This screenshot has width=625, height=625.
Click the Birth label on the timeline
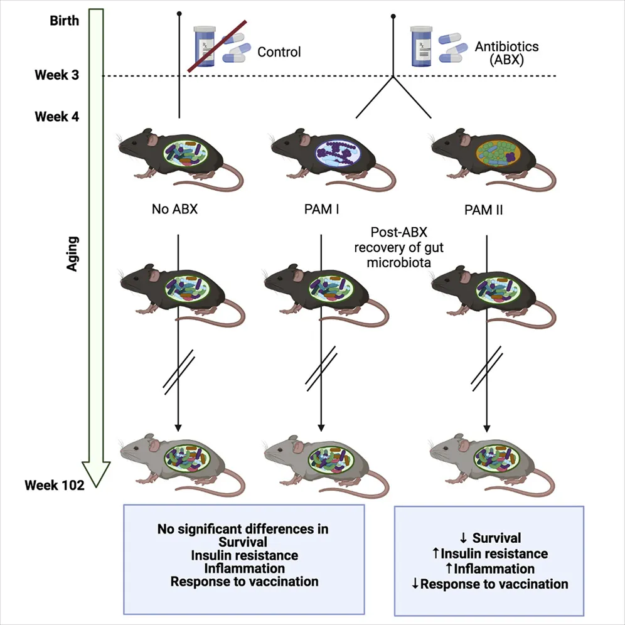(x=65, y=21)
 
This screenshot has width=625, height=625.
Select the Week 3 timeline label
(x=57, y=76)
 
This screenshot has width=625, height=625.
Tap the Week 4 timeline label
(x=57, y=117)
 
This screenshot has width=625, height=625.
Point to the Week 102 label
(x=55, y=484)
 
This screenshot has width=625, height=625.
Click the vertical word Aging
(x=73, y=254)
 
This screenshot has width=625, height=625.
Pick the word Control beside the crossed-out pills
(x=279, y=52)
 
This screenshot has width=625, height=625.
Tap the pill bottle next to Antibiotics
(x=422, y=46)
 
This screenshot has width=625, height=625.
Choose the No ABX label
(x=175, y=208)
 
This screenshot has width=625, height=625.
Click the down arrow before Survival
(x=463, y=538)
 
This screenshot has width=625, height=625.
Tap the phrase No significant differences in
(x=243, y=529)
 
